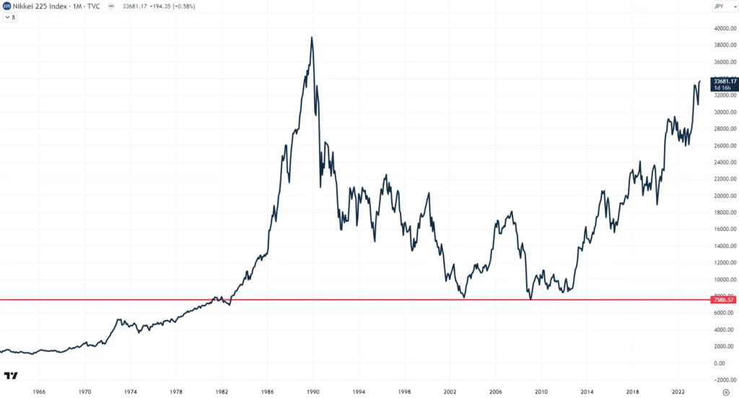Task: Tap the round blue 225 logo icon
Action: point(6,7)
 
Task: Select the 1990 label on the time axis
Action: point(312,391)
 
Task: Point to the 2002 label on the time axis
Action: point(450,391)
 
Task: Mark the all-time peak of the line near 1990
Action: point(312,37)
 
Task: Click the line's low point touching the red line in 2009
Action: point(530,298)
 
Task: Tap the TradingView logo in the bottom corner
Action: point(11,376)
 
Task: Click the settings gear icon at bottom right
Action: point(727,391)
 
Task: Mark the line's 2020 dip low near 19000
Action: point(657,204)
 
